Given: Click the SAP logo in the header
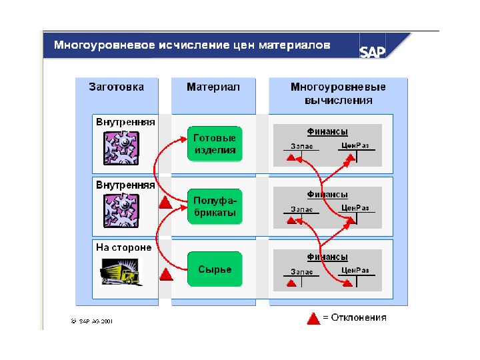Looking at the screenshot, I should pos(373,51).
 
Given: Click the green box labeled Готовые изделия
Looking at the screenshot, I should pos(215,143).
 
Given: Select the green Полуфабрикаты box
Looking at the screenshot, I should pos(215,207).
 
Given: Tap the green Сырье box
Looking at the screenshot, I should pos(215,269).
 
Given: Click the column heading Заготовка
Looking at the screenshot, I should pos(116,87).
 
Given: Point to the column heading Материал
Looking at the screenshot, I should pos(213,87).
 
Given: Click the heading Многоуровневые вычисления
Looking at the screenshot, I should pos(338,93).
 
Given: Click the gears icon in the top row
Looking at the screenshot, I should pos(121,147).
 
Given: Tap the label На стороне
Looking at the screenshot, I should pos(123,247).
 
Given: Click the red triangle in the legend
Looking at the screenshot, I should pos(313,318).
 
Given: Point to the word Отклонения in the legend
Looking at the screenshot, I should pos(359,318).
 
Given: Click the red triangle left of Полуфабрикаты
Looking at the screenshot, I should pos(165,203).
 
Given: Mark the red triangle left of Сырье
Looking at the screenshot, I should pos(166,273).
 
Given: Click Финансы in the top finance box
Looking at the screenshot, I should pos(327,132).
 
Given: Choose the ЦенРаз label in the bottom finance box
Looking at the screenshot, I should pos(355,270).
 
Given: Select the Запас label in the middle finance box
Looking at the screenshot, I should pos(301,209).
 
